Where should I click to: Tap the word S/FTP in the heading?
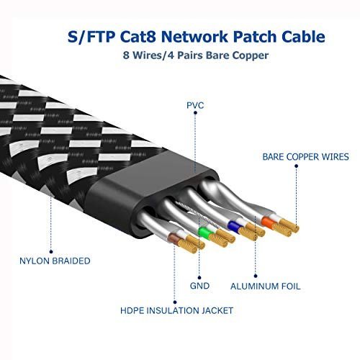(x=90, y=37)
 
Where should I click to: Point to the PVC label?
(x=194, y=106)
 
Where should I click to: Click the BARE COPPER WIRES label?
(x=306, y=156)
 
